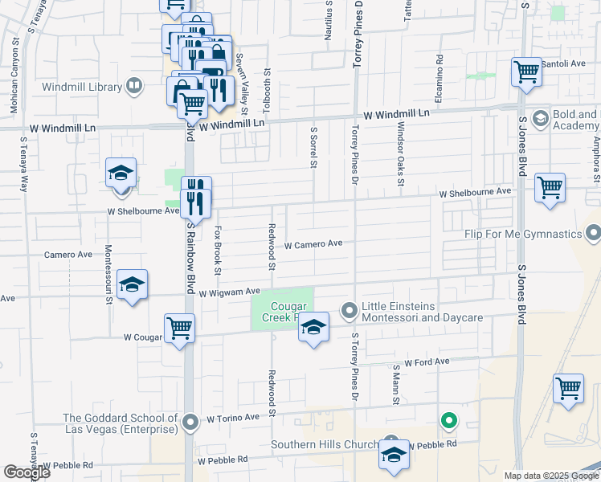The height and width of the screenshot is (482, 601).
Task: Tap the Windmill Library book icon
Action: (134, 85)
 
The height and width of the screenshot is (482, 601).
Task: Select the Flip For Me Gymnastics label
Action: (523, 234)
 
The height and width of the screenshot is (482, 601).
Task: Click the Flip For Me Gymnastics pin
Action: (593, 234)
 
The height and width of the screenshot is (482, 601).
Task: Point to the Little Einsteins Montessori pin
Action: (350, 310)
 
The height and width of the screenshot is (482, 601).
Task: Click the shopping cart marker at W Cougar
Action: (180, 327)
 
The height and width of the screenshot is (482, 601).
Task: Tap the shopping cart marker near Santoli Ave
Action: (526, 71)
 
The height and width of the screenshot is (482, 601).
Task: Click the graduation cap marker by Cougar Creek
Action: (314, 327)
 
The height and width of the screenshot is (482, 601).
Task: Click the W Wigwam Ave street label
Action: (230, 292)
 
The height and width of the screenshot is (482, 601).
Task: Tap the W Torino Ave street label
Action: (233, 418)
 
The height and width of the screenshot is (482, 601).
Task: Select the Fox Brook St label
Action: (218, 246)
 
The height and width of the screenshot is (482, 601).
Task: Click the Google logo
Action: (27, 472)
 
